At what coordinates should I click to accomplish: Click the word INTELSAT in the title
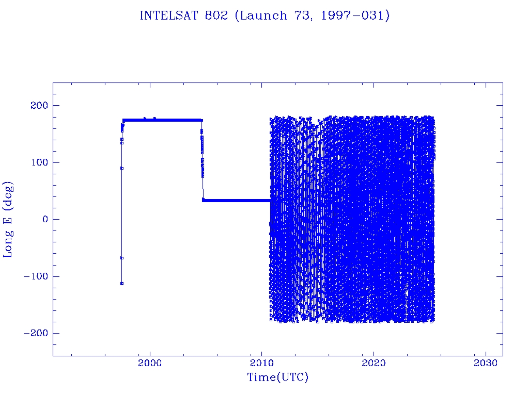(169, 15)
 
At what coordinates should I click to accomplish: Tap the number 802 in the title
(216, 15)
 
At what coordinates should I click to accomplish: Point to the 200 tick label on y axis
(39, 105)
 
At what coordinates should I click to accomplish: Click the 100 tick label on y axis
(39, 162)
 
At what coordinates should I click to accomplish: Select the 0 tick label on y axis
(45, 219)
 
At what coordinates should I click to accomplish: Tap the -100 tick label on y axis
(36, 276)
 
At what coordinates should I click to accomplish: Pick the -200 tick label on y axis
(36, 333)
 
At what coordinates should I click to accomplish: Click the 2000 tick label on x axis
(150, 363)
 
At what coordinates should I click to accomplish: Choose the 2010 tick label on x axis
(262, 363)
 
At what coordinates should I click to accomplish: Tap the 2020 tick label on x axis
(374, 363)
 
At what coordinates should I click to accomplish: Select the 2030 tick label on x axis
(486, 363)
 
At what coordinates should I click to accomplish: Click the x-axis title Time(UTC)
(278, 377)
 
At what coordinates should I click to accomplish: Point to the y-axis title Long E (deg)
(8, 220)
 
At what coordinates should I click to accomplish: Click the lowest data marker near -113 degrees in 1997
(122, 284)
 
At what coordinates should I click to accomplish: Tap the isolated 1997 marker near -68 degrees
(122, 258)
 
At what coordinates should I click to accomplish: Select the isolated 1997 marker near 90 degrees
(122, 168)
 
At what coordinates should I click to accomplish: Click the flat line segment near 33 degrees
(237, 201)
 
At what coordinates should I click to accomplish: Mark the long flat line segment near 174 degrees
(163, 120)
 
